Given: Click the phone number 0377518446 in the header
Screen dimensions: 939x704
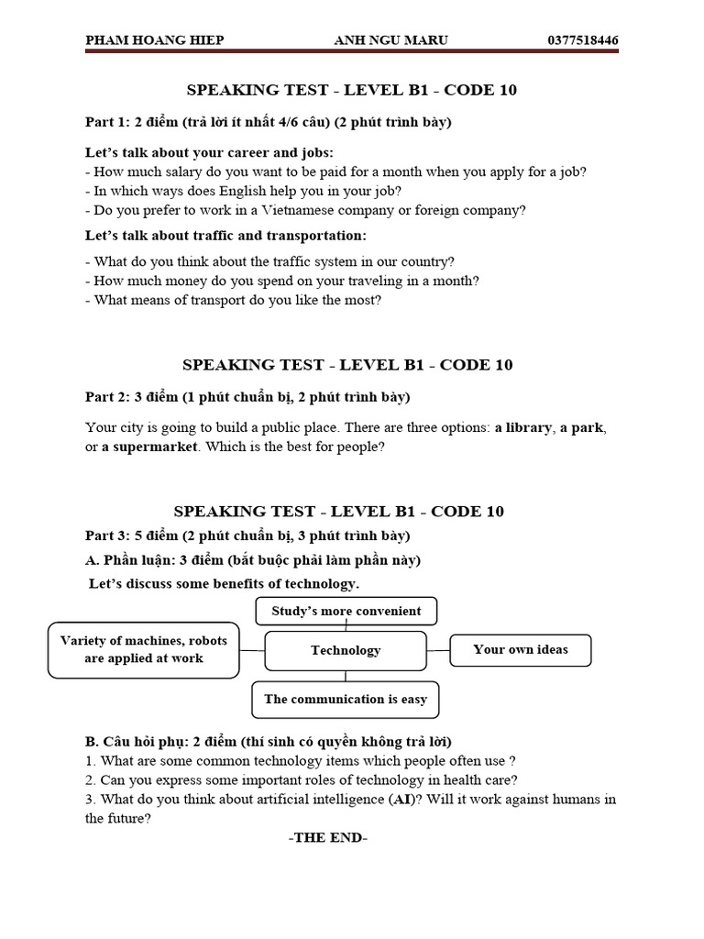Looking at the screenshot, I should pos(582,40).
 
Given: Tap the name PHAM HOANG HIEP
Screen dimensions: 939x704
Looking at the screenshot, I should pos(154,40).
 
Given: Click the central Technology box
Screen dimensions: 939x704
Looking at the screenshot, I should pos(346,650).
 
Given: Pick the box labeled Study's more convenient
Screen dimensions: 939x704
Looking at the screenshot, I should pos(346,611).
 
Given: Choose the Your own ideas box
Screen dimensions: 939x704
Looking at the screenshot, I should pos(521,649).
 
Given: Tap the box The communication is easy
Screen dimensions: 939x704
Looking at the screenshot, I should pos(346,699).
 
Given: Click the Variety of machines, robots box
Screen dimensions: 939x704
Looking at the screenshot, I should pos(144,649).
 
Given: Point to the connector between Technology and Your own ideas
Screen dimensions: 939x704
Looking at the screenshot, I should pos(438,650).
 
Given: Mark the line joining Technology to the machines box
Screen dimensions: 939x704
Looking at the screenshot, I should pos(252,650).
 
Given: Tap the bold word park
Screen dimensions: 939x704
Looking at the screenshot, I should pos(586,428).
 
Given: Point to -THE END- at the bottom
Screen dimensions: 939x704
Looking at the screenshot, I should pos(327,838).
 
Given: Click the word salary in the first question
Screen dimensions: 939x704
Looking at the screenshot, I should pos(188,171).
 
